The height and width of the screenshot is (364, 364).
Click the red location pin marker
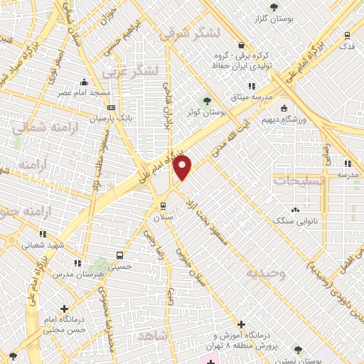pyautogui.click(x=183, y=168)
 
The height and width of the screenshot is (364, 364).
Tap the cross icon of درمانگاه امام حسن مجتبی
pyautogui.click(x=65, y=309)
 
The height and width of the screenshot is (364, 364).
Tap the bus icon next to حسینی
pyautogui.click(x=119, y=255)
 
